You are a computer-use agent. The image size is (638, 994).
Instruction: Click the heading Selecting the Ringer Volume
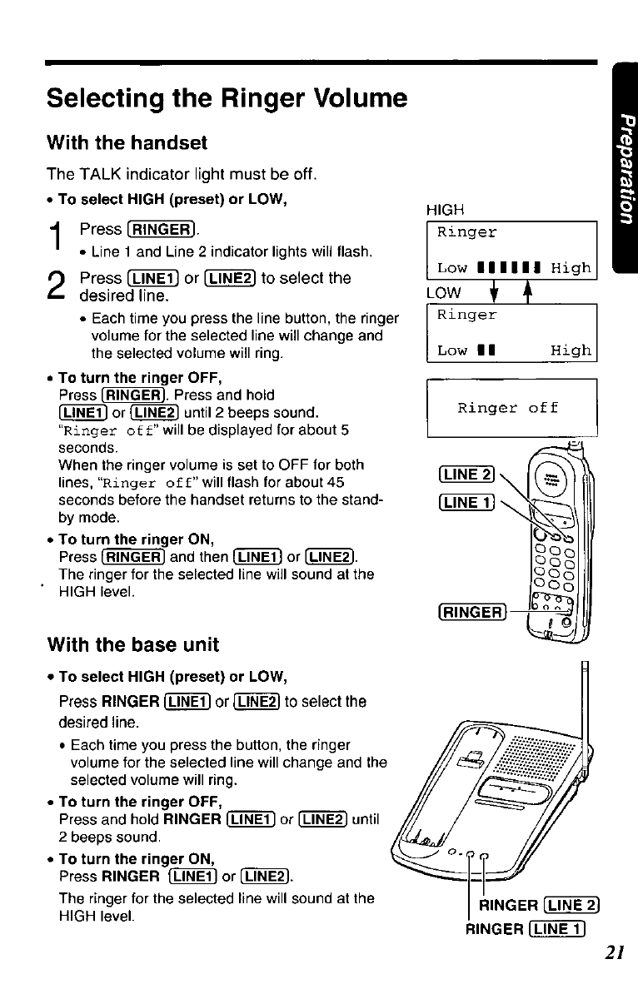click(x=227, y=99)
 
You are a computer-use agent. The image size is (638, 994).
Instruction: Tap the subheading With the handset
click(x=127, y=143)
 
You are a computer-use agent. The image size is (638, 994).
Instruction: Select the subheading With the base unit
click(x=133, y=644)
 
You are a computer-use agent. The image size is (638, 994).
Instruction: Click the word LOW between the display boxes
click(x=442, y=293)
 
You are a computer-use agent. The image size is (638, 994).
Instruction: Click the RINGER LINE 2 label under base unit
click(x=541, y=906)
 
